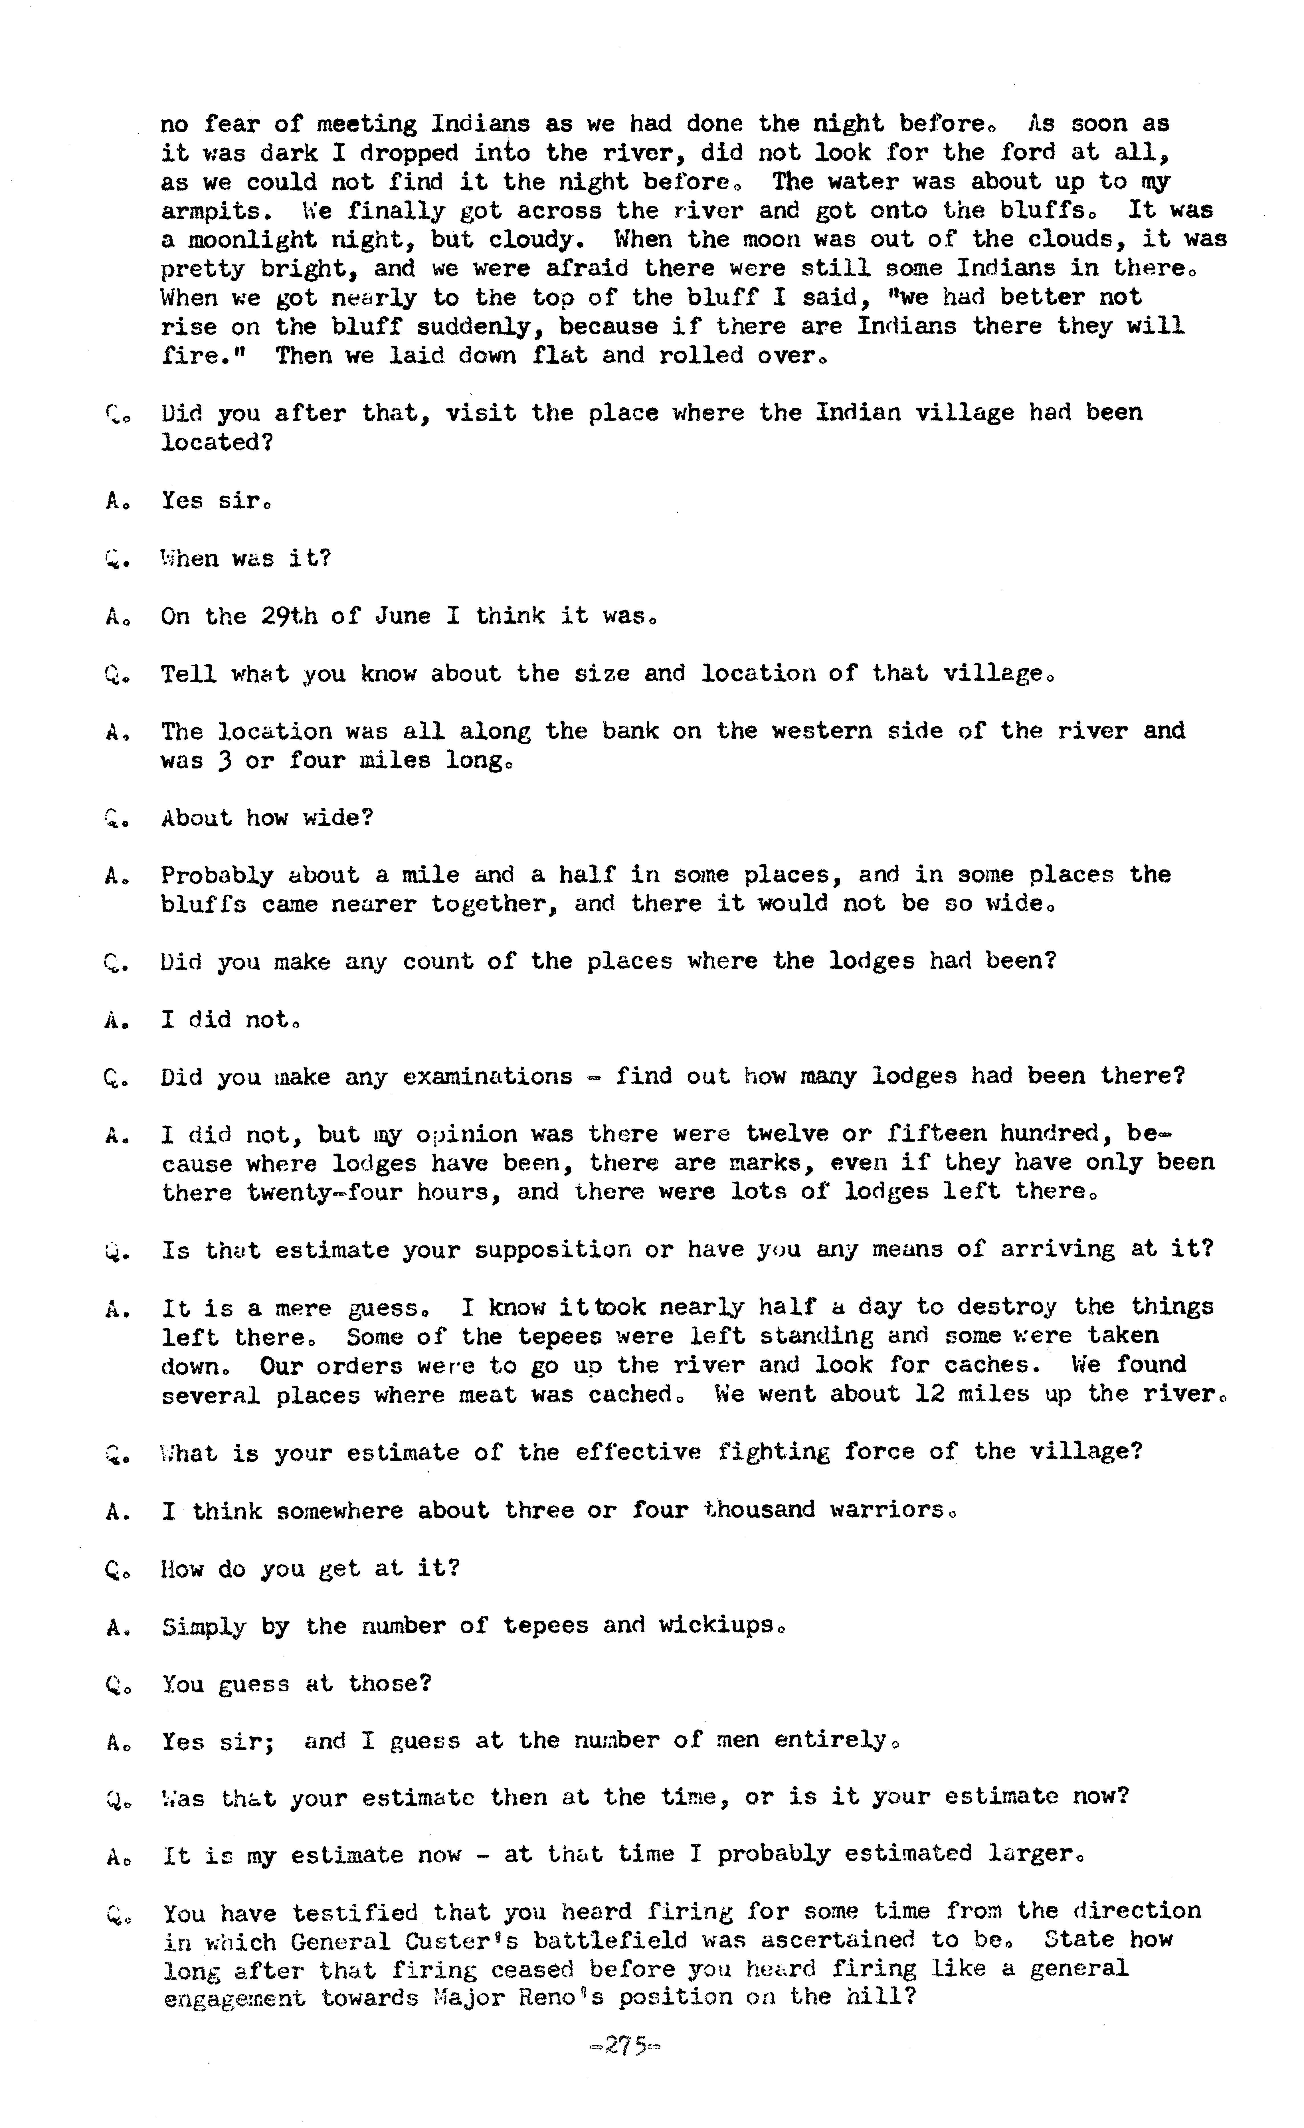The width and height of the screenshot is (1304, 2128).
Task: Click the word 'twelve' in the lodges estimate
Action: [788, 1134]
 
